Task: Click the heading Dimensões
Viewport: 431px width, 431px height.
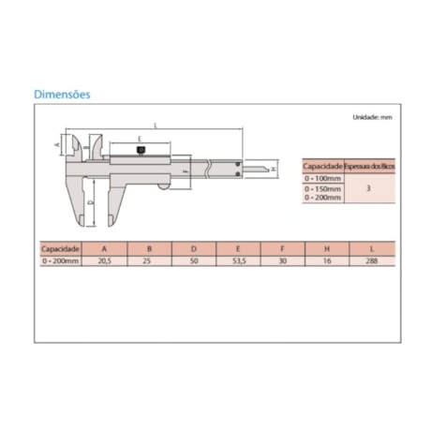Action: (x=62, y=95)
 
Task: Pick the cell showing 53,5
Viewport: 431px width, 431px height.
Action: (x=237, y=263)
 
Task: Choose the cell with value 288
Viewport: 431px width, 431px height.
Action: (x=373, y=263)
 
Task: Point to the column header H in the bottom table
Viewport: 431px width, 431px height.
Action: (x=327, y=250)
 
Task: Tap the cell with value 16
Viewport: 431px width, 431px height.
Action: (x=327, y=263)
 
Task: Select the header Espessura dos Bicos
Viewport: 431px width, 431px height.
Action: (x=369, y=165)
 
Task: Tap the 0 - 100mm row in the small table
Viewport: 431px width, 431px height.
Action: (x=323, y=176)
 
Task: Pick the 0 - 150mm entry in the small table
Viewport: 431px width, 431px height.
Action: (x=323, y=188)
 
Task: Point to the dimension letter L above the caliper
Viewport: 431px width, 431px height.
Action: (x=155, y=125)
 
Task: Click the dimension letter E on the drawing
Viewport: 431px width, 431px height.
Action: (x=140, y=138)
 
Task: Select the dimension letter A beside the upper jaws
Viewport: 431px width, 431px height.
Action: (x=56, y=146)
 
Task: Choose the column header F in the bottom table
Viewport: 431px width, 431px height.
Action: (x=282, y=250)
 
